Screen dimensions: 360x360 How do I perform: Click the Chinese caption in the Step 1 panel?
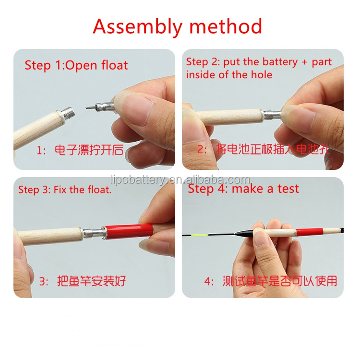click(x=86, y=150)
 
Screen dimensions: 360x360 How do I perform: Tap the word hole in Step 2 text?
click(x=262, y=74)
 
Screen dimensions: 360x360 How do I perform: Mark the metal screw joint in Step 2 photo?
click(x=272, y=116)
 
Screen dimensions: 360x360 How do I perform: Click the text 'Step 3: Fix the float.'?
click(x=65, y=190)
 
